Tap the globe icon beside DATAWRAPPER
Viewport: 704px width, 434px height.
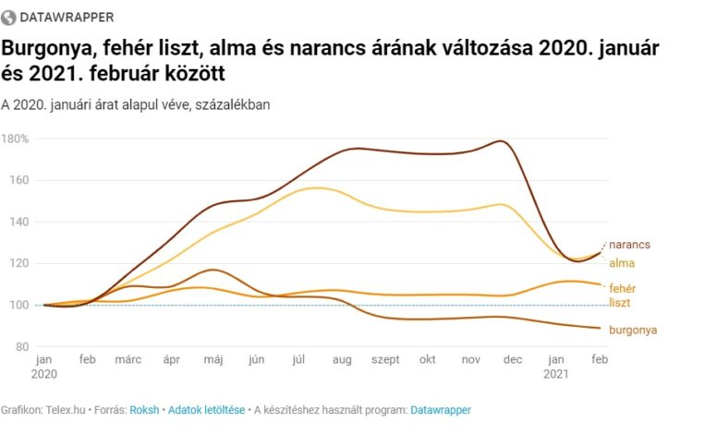click(10, 17)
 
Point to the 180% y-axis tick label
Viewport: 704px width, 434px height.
click(16, 139)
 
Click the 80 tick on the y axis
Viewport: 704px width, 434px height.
click(21, 346)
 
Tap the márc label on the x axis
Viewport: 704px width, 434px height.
click(128, 360)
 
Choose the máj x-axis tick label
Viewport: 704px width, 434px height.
click(212, 360)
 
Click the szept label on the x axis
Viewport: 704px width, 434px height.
click(383, 360)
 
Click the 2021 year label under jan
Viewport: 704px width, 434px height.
click(556, 375)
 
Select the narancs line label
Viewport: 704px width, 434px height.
click(629, 245)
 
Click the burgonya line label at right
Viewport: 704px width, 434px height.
click(633, 329)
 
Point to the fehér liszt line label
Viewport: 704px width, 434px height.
click(622, 295)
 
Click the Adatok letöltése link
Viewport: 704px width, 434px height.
click(206, 409)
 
